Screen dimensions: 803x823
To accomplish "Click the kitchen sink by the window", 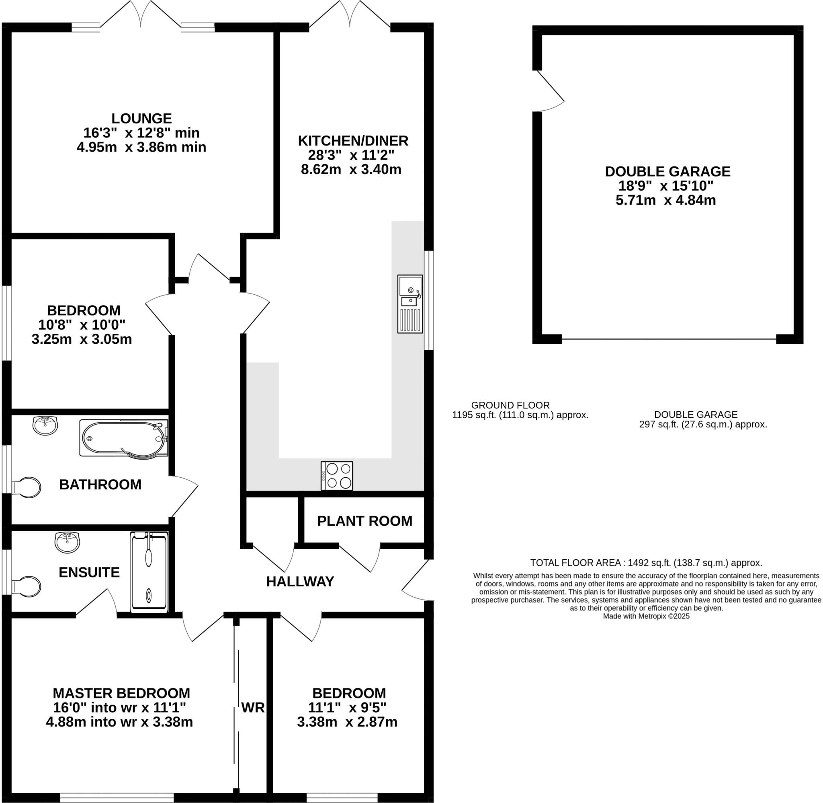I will point(409,303).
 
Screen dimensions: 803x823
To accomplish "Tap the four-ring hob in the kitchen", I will point(337,476).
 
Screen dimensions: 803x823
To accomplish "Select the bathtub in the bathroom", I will point(123,438).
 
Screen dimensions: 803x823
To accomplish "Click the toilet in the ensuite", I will point(27,586).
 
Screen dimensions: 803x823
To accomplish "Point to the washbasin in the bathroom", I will point(45,425).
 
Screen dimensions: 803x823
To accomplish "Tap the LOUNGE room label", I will point(141,118).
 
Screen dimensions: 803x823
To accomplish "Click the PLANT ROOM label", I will point(364,521).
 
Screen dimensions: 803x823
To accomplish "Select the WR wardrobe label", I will point(253,707).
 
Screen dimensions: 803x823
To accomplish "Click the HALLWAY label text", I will point(300,581).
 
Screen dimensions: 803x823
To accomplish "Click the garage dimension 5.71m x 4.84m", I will point(666,200).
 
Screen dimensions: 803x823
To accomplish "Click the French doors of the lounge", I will point(141,17).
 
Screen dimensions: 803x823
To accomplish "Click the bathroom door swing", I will point(183,495).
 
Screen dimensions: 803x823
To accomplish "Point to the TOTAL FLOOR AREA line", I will point(646,563).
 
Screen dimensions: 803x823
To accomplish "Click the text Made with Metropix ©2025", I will point(646,616).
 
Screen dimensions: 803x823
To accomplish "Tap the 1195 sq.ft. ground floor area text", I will point(520,415).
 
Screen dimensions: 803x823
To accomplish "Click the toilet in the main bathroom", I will point(27,487).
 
